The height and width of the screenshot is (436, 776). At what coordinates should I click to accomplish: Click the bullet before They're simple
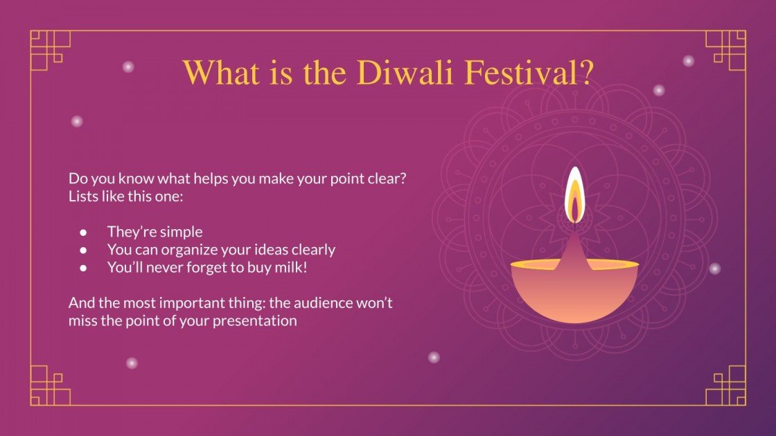83,232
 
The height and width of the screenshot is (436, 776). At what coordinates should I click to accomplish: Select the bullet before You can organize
83,250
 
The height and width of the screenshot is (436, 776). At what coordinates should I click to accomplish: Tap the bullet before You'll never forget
83,268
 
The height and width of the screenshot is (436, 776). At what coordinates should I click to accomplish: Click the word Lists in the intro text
83,196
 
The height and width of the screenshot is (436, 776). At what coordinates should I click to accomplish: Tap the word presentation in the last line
257,321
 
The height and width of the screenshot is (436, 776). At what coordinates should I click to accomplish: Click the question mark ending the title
583,72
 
